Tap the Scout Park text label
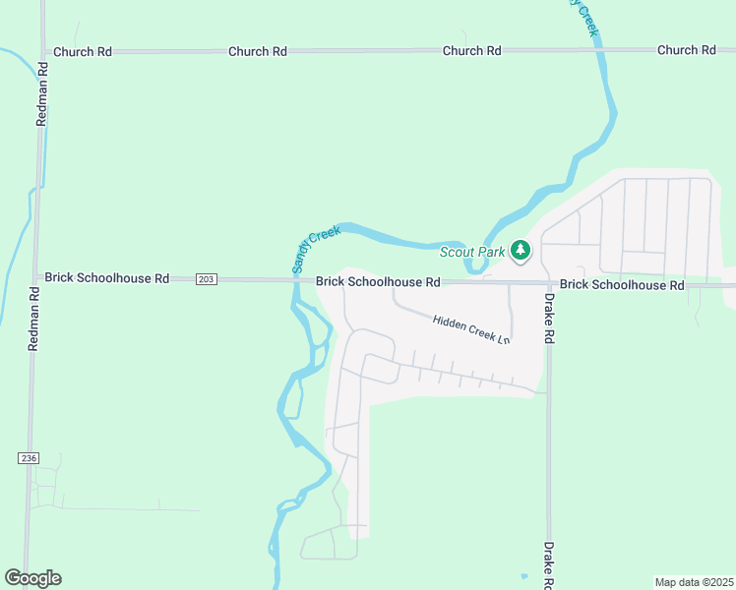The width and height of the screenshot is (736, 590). coord(471,253)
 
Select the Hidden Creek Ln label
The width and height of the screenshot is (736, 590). coord(471,327)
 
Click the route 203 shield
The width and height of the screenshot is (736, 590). coord(205,279)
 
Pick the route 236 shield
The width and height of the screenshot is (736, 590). coord(28,458)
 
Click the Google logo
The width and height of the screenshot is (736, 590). coord(33,578)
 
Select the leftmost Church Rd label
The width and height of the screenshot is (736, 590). coord(83,51)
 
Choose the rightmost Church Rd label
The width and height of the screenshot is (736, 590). coord(686,50)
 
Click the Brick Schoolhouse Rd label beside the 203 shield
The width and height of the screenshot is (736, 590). coord(108,279)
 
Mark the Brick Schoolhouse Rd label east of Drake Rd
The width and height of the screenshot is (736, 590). coord(622,284)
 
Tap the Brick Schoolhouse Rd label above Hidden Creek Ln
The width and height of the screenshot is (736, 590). coord(378,282)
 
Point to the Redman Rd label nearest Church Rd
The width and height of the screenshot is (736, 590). coord(41,96)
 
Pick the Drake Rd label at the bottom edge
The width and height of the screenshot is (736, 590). coord(549,562)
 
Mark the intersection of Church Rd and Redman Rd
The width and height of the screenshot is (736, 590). coord(42,51)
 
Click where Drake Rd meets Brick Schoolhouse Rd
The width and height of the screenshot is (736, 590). coord(548,283)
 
